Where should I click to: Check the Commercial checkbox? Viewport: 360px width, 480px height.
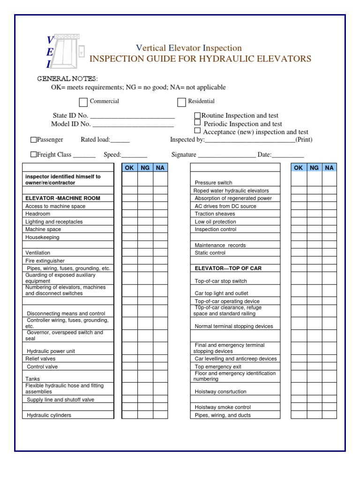83,102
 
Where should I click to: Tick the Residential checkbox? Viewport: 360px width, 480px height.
181,102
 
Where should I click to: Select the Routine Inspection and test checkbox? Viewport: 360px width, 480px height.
197,115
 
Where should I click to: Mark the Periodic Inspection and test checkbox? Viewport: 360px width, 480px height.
197,123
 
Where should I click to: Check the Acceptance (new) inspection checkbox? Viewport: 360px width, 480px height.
197,131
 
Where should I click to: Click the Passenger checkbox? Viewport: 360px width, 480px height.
33,140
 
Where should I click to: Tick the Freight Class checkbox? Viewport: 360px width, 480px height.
33,154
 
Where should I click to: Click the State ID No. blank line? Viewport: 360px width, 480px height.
132,116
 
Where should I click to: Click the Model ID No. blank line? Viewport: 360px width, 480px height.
133,125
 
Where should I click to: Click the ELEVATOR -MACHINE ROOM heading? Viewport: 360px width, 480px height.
63,198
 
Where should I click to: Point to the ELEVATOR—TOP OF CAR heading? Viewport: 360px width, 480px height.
228,269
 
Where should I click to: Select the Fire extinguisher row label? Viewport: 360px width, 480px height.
45,261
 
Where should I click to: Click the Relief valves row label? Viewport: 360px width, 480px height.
40,359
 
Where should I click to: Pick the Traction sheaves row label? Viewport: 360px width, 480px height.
215,214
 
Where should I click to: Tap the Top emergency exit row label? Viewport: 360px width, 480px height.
218,367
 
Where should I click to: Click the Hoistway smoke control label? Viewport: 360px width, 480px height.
223,407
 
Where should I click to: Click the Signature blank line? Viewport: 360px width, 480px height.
226,155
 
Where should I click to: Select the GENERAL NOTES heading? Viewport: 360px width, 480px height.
67,78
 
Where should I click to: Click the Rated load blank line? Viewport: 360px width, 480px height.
120,140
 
